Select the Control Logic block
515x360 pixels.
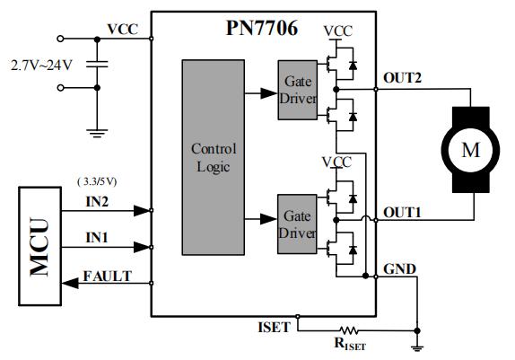[x=213, y=158]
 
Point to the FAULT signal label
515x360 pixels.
[x=105, y=276]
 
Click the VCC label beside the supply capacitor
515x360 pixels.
[x=122, y=29]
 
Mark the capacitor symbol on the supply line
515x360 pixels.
[x=98, y=64]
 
